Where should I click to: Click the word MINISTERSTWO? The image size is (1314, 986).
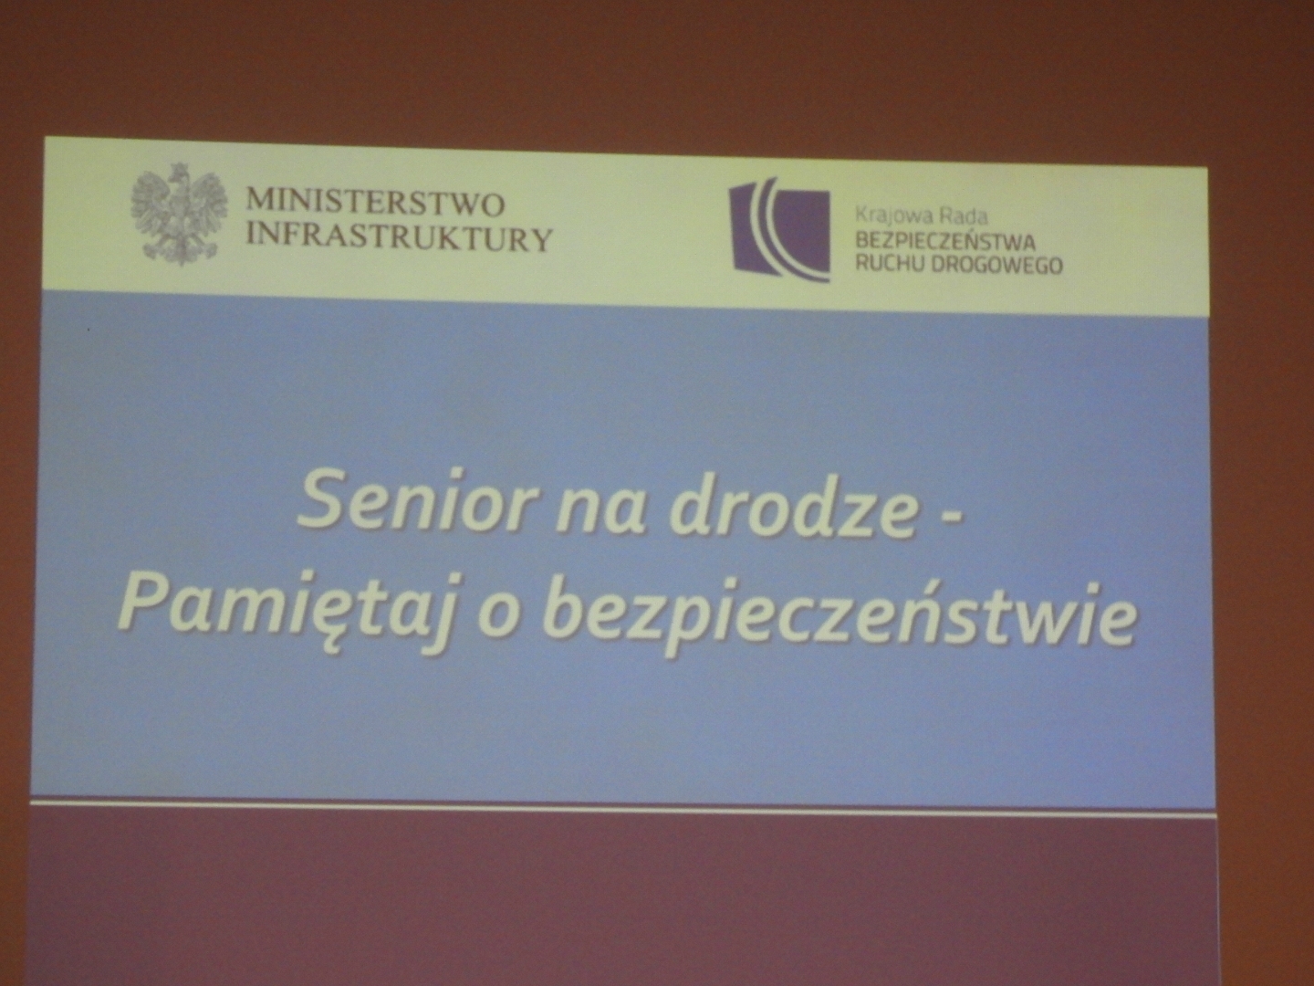[x=376, y=205]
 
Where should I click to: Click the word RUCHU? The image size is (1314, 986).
[x=891, y=264]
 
